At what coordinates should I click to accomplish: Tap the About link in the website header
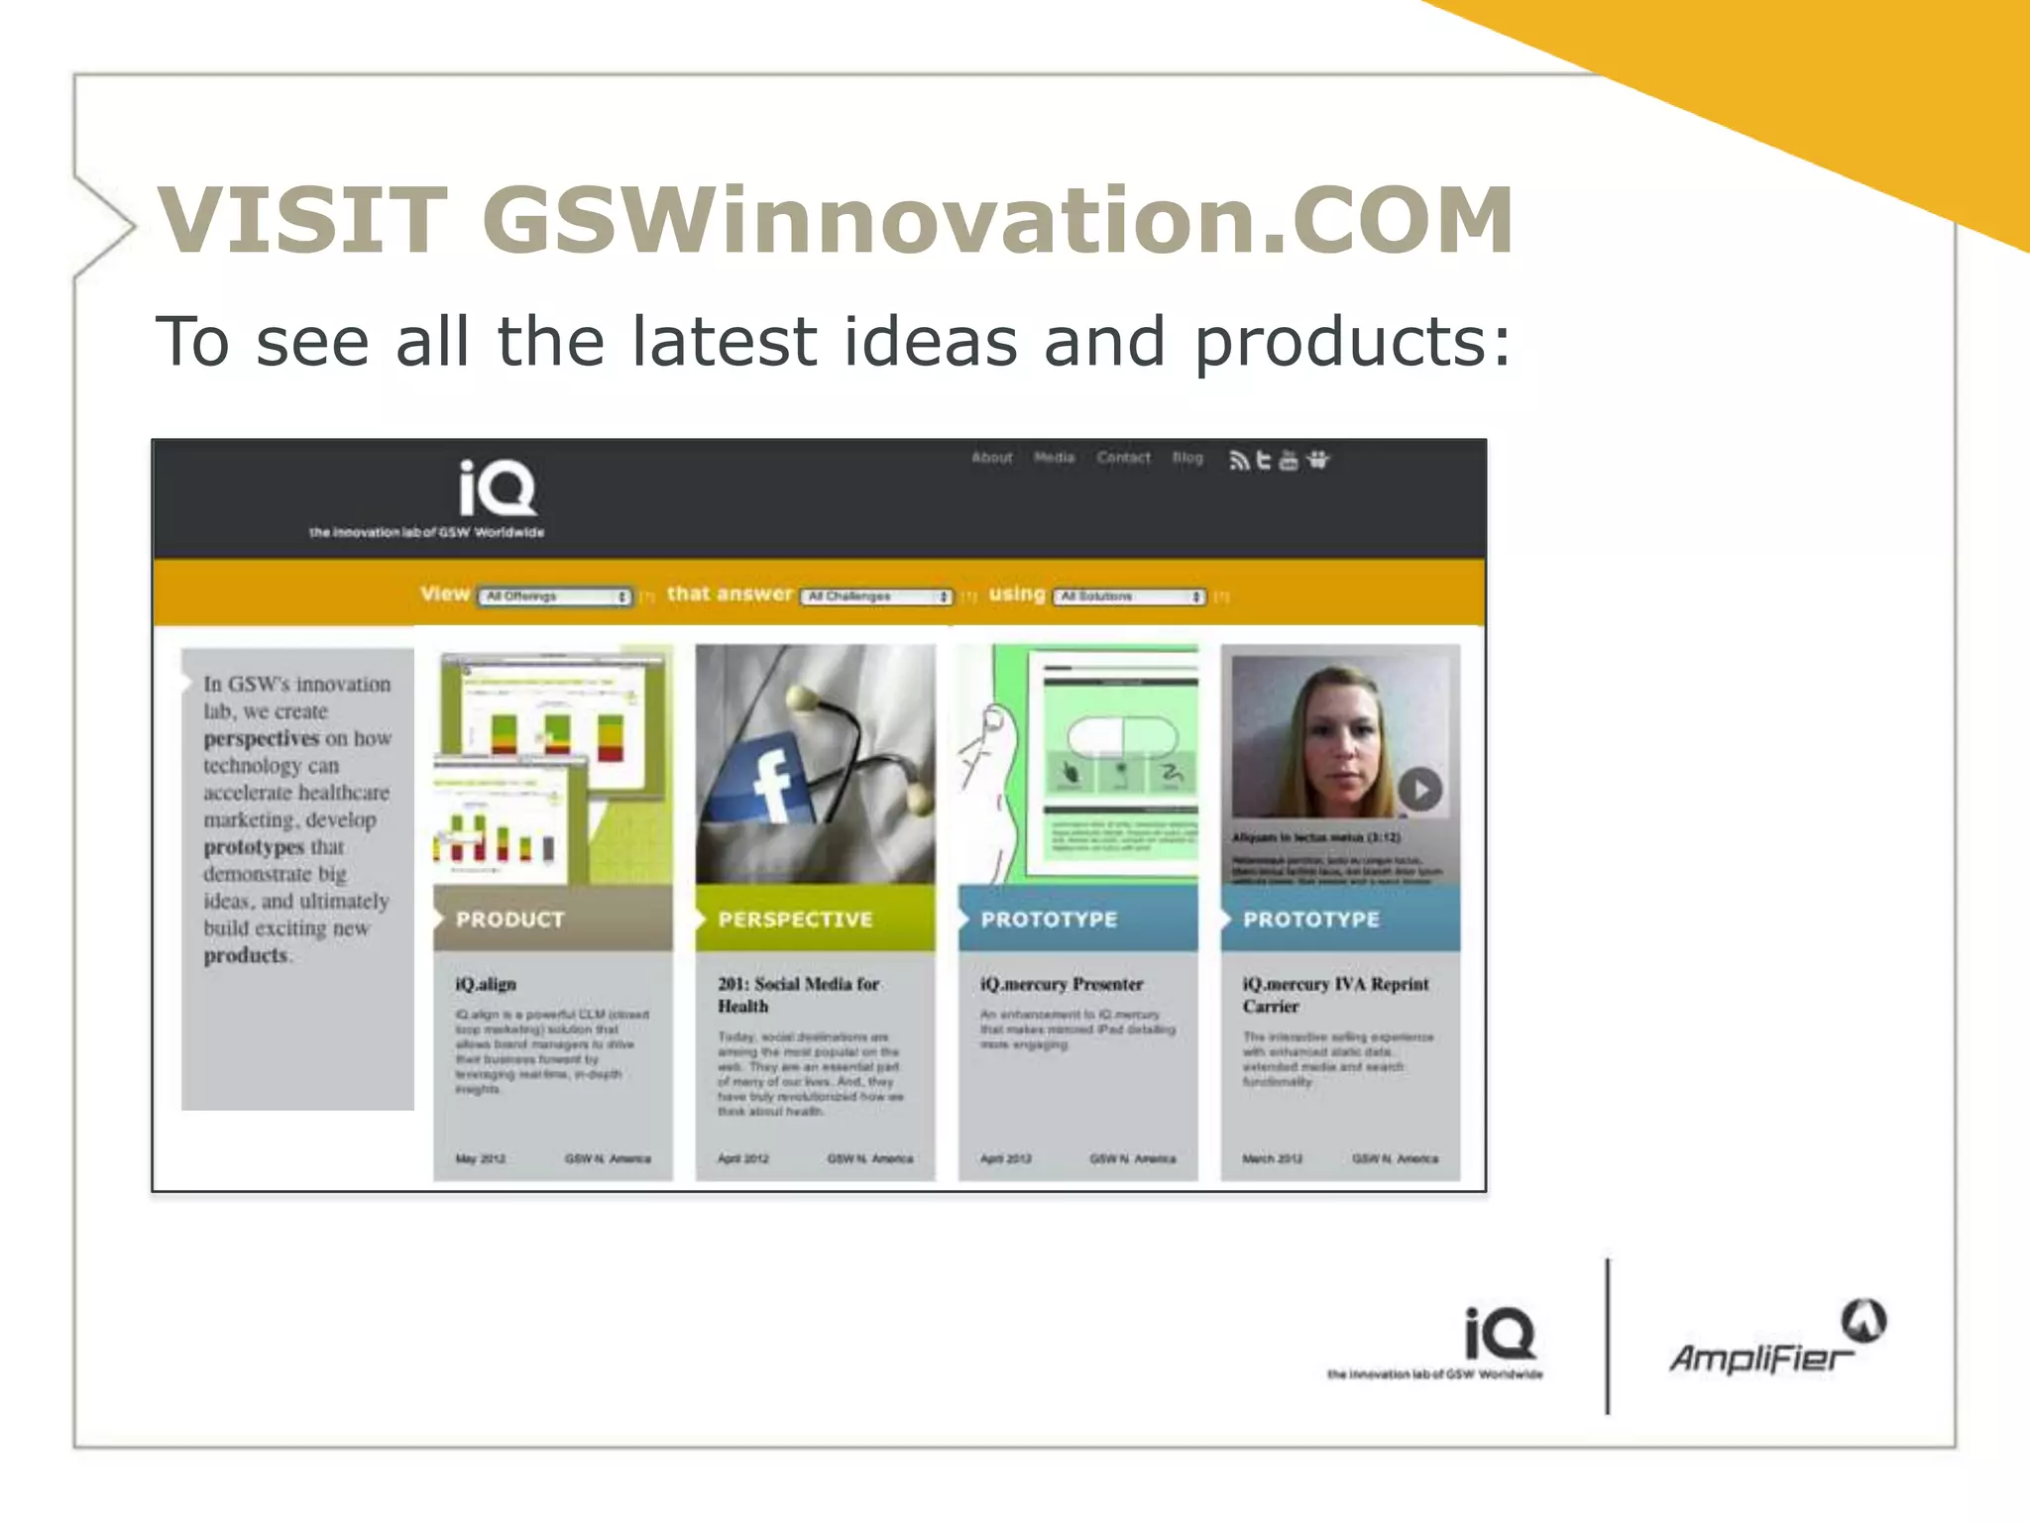[x=991, y=458]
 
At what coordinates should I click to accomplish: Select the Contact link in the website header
[x=1123, y=458]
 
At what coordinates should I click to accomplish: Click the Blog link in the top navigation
[x=1187, y=458]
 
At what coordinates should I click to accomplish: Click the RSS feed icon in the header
[x=1238, y=461]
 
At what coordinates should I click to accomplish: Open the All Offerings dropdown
[x=555, y=597]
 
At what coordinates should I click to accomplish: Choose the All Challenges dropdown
[x=877, y=597]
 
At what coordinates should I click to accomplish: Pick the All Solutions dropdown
[x=1130, y=597]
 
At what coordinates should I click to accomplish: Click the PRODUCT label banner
[x=552, y=920]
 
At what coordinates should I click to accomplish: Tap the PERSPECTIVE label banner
[x=815, y=920]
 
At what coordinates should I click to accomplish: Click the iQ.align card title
[x=486, y=984]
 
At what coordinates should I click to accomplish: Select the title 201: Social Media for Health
[x=799, y=995]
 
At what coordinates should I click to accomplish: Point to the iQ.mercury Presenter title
[x=1062, y=984]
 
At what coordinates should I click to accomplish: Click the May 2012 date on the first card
[x=481, y=1158]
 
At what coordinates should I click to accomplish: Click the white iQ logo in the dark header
[x=497, y=488]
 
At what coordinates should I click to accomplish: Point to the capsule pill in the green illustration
[x=1122, y=738]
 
